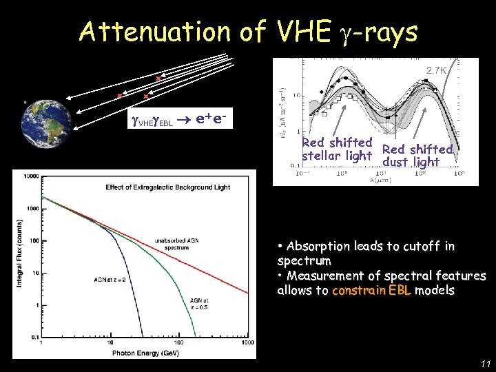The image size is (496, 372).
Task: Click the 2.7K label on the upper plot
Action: [437, 70]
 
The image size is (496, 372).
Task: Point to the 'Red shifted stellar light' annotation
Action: [338, 149]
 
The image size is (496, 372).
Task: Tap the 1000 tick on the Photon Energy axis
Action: [247, 342]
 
